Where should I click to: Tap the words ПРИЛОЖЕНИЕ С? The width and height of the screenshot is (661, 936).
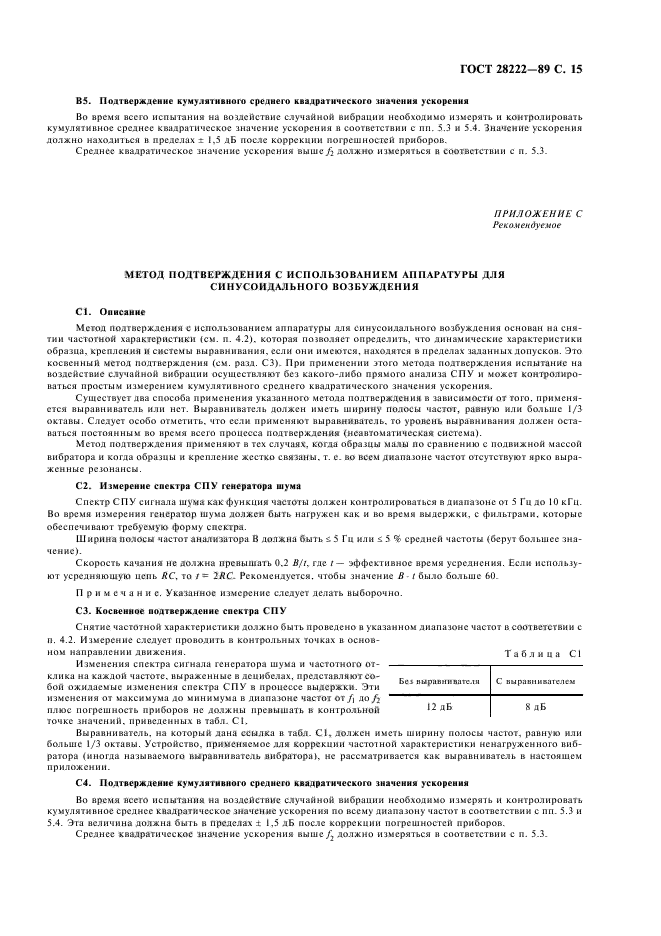pos(537,215)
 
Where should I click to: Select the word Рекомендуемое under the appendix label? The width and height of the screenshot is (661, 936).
pos(527,225)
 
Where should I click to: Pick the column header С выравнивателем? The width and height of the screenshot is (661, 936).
pos(537,680)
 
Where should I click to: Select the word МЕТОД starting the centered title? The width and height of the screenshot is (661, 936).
pos(141,273)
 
